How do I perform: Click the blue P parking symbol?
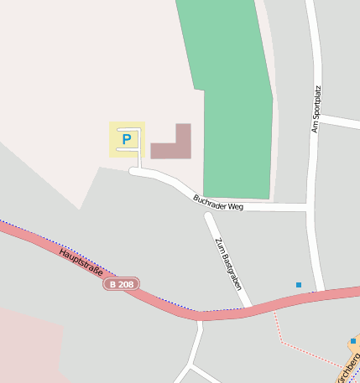[x=127, y=139]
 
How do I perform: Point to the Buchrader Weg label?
[x=217, y=201]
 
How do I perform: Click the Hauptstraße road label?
[x=81, y=261]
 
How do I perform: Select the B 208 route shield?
[x=122, y=285]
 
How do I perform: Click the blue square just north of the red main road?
[x=298, y=285]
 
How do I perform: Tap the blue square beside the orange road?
[x=352, y=340]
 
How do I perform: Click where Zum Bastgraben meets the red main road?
[x=249, y=308]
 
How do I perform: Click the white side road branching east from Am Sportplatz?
[x=340, y=122]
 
